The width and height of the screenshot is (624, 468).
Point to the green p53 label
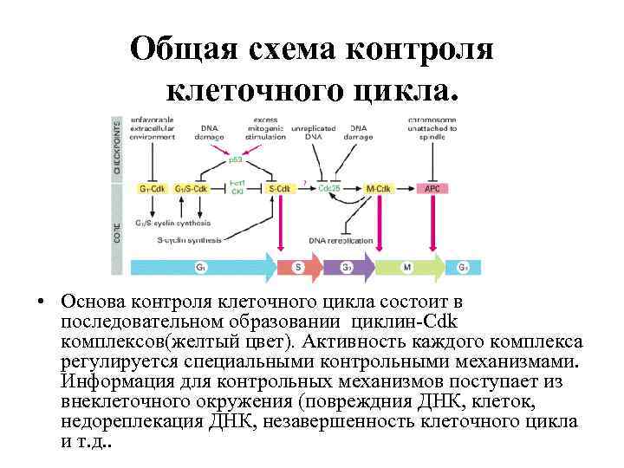tap(236, 159)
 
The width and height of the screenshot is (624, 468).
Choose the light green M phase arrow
tap(407, 267)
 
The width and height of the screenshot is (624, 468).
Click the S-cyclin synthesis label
tap(189, 240)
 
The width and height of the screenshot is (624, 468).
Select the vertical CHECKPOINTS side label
tap(118, 147)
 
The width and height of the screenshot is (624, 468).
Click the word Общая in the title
tap(181, 50)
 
